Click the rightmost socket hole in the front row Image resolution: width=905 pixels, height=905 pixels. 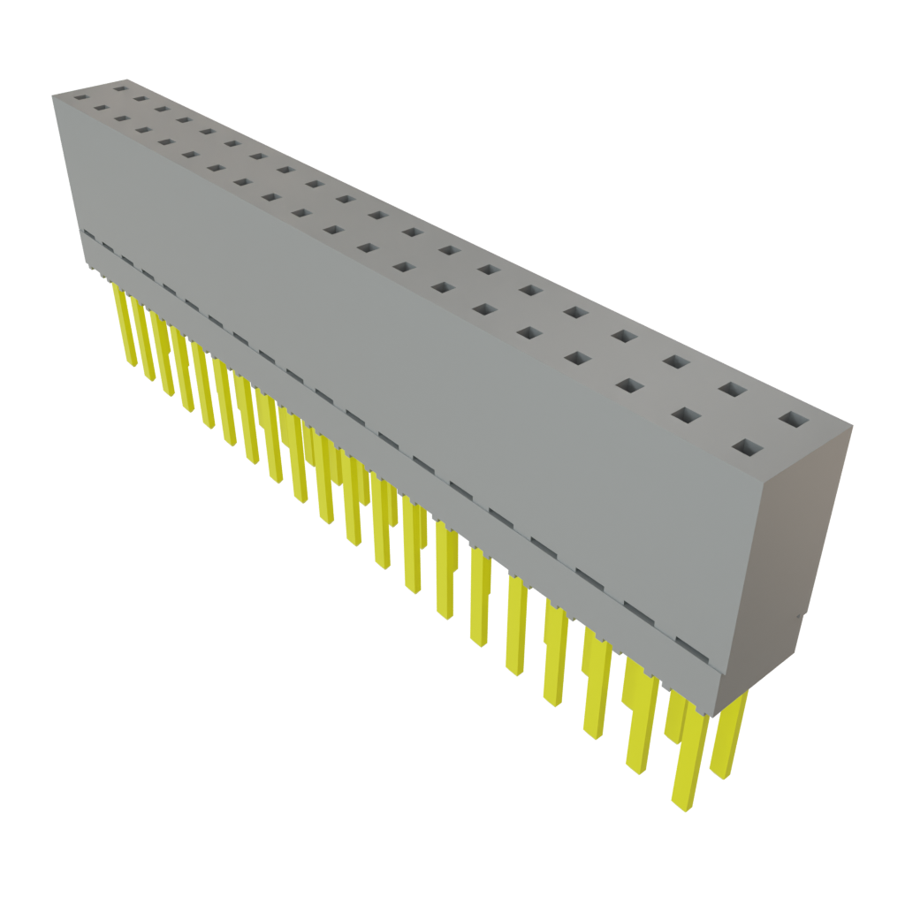tap(748, 449)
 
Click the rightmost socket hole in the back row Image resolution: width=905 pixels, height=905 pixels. tap(793, 420)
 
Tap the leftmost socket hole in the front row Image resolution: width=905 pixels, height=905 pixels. tap(81, 98)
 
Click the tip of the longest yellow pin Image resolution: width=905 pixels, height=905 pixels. tap(680, 805)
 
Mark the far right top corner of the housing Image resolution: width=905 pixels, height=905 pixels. tap(850, 428)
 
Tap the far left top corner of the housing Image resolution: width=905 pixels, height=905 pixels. tap(53, 94)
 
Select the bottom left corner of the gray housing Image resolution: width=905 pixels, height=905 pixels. tap(88, 270)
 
